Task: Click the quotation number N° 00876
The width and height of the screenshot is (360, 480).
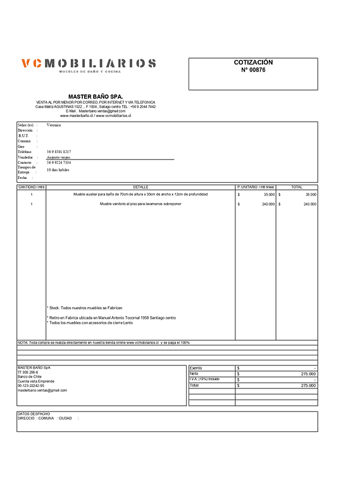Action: [x=253, y=70]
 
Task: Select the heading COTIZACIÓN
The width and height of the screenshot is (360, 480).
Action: [x=253, y=63]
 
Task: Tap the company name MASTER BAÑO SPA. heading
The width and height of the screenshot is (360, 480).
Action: [x=95, y=96]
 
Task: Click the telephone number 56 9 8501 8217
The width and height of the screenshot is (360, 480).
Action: [x=59, y=152]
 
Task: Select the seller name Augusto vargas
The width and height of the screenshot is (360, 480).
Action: [x=58, y=157]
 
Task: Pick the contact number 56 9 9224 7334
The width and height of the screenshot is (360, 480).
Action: [x=59, y=163]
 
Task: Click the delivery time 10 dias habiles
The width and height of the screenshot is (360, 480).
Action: [x=58, y=171]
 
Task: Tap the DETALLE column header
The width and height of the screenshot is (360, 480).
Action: [x=140, y=187]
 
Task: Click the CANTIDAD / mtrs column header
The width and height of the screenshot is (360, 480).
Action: [x=31, y=187]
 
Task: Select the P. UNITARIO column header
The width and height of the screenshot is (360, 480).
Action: [x=255, y=187]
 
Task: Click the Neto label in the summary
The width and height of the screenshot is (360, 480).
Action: [x=194, y=374]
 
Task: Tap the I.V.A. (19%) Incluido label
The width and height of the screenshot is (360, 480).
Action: [x=205, y=379]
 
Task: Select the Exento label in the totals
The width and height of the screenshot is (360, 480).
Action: [x=196, y=367]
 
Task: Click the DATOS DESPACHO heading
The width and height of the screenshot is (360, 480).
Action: [x=34, y=414]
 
